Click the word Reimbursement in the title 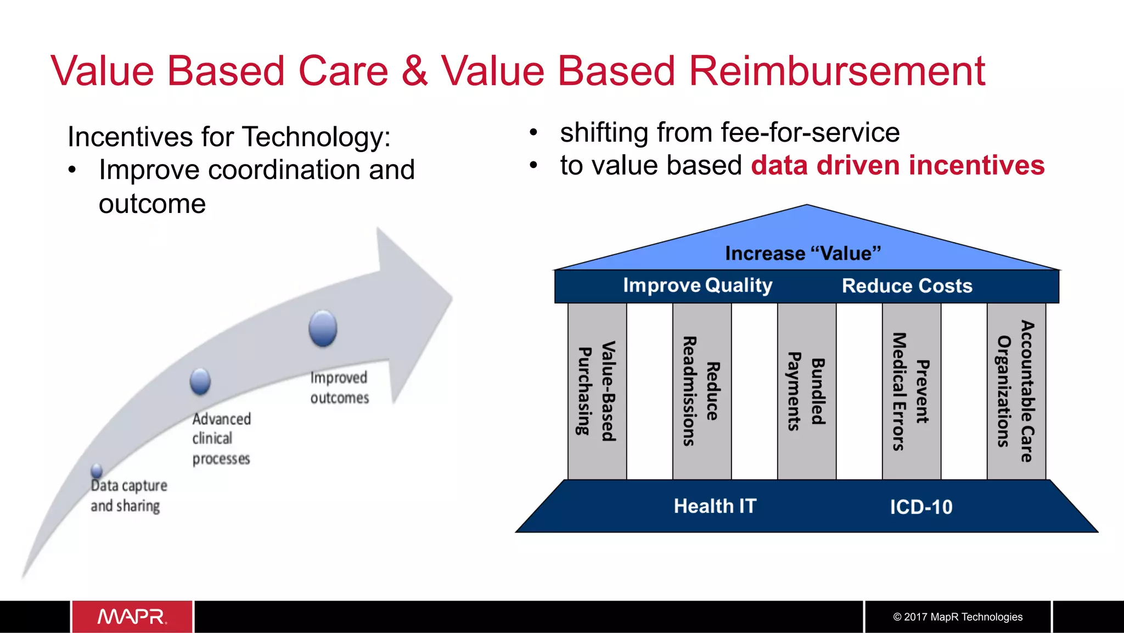pos(836,71)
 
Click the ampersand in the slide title pos(414,71)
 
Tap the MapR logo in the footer pos(132,617)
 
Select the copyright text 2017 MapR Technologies pos(958,617)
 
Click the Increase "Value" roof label pos(802,253)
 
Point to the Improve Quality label pos(698,285)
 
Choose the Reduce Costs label pos(907,285)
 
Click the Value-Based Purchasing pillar pos(597,391)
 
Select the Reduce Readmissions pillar pos(701,391)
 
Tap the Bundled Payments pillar pos(806,391)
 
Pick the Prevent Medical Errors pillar pos(911,391)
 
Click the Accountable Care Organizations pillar pos(1016,391)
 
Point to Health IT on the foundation pos(715,506)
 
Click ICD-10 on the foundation pos(921,506)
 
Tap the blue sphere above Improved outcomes pos(323,328)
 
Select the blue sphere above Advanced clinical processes pos(200,381)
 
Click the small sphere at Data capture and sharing pos(97,470)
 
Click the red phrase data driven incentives pos(897,165)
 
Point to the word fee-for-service pos(810,132)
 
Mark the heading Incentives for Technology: pos(229,137)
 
